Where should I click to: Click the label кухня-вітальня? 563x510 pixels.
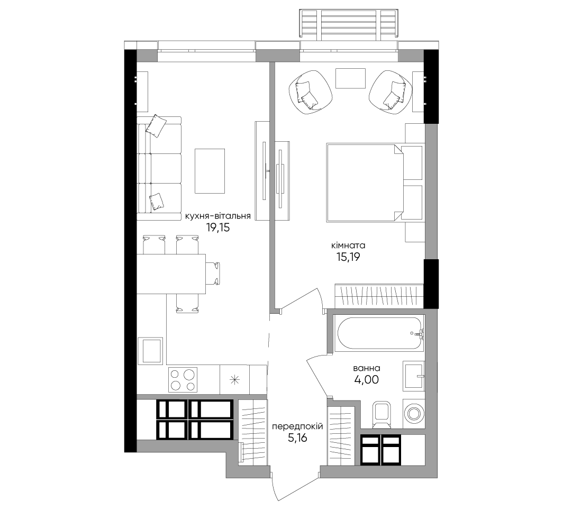[217, 216]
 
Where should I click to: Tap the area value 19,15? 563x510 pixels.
[217, 227]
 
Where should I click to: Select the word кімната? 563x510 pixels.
[348, 245]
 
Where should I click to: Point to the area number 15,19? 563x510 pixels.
[348, 257]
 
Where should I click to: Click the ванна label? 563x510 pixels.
[367, 368]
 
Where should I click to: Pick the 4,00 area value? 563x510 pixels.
[367, 380]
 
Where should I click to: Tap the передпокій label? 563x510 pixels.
[297, 426]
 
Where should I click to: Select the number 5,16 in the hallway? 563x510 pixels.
[297, 438]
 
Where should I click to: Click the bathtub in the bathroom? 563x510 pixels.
[379, 333]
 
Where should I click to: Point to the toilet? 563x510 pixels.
[382, 415]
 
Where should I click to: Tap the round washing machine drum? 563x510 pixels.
[414, 414]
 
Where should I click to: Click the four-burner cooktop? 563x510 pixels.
[183, 380]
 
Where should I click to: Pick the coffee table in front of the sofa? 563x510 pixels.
[210, 171]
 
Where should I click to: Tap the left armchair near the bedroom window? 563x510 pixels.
[310, 92]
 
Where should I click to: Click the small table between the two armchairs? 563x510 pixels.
[350, 78]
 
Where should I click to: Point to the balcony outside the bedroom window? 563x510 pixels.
[348, 23]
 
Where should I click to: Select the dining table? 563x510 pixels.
[171, 274]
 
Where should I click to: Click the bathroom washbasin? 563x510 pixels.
[414, 376]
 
